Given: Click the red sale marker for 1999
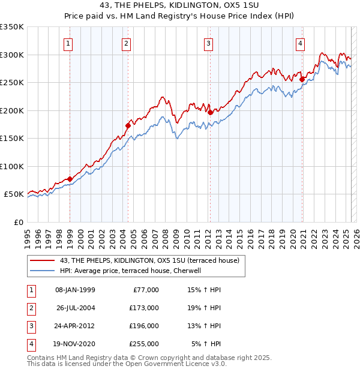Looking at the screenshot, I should click(70, 179).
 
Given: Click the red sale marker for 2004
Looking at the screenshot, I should click(128, 125).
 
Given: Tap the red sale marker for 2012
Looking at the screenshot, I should click(211, 112).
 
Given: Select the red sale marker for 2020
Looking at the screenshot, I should click(302, 79).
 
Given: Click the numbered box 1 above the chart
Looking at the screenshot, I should click(68, 43).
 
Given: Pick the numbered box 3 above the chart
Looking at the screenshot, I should click(208, 43).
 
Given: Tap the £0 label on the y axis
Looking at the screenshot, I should click(18, 222).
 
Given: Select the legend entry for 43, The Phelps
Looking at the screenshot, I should click(149, 260).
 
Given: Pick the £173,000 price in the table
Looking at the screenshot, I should click(144, 308).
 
